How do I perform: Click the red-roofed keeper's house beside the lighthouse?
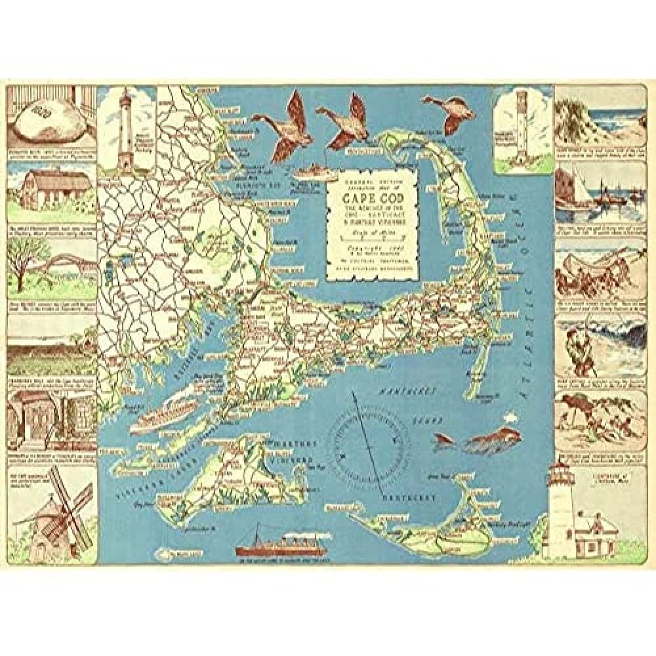click(x=597, y=529)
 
